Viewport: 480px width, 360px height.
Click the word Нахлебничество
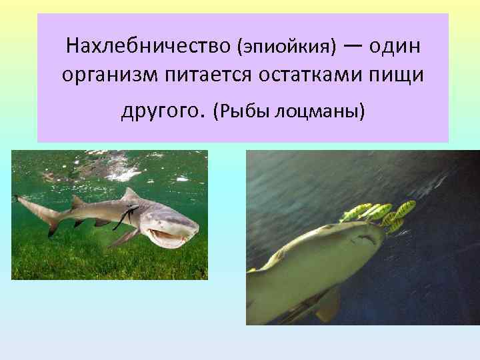[147, 47]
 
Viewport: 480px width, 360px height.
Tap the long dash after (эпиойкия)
[354, 45]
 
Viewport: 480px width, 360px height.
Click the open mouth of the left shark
[164, 235]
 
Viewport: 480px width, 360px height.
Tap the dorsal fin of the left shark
[129, 195]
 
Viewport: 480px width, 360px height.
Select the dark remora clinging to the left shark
[125, 216]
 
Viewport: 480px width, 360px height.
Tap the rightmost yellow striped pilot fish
[403, 209]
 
